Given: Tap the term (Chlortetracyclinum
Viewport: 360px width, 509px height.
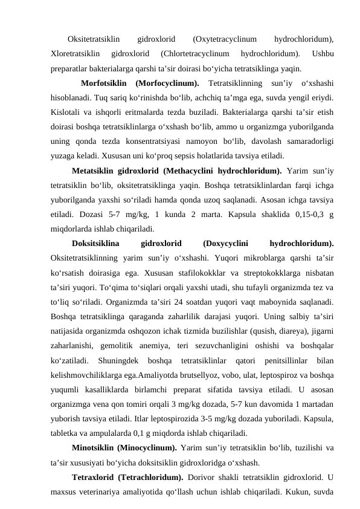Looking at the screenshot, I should coord(196,54).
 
